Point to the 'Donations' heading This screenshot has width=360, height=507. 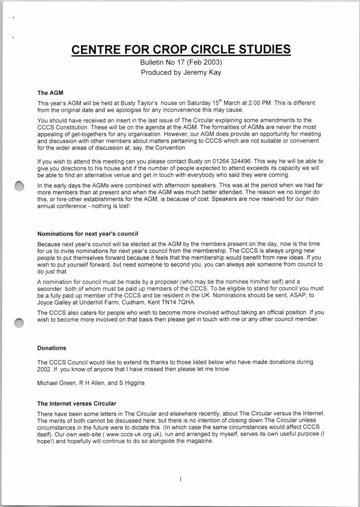(52, 348)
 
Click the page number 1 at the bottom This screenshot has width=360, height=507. (180, 479)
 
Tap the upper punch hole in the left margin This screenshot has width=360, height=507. (19, 186)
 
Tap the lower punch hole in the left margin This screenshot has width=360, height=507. (19, 323)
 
